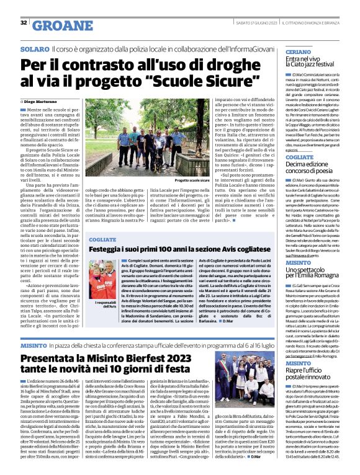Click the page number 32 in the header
pos(23,24)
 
